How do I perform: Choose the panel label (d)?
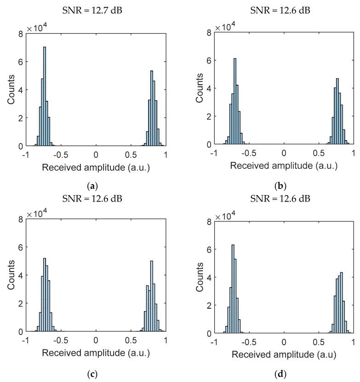[284, 372]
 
